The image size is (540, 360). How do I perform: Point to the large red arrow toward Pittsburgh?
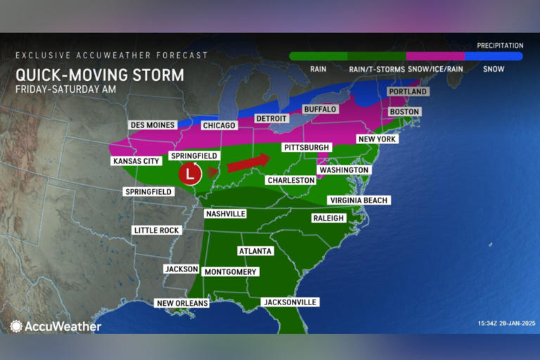click(248, 162)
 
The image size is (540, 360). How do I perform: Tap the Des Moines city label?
click(153, 125)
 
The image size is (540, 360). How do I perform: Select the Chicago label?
click(217, 126)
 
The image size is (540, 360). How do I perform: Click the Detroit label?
click(271, 118)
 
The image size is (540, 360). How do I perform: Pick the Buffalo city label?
click(320, 110)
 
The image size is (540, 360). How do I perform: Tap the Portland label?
click(408, 92)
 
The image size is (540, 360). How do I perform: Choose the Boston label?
click(404, 112)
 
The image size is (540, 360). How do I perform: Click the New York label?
click(378, 139)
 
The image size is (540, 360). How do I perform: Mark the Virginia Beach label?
click(358, 200)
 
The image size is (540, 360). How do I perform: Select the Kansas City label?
click(135, 161)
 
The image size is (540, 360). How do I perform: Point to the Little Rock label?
click(157, 230)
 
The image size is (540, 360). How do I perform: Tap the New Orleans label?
click(182, 303)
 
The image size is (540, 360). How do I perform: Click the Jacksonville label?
click(290, 302)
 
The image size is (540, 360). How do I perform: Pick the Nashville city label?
click(225, 214)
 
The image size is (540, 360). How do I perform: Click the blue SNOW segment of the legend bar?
click(494, 56)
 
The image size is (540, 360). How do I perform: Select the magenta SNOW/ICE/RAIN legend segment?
click(435, 56)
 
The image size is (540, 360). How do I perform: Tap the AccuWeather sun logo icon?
click(16, 326)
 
